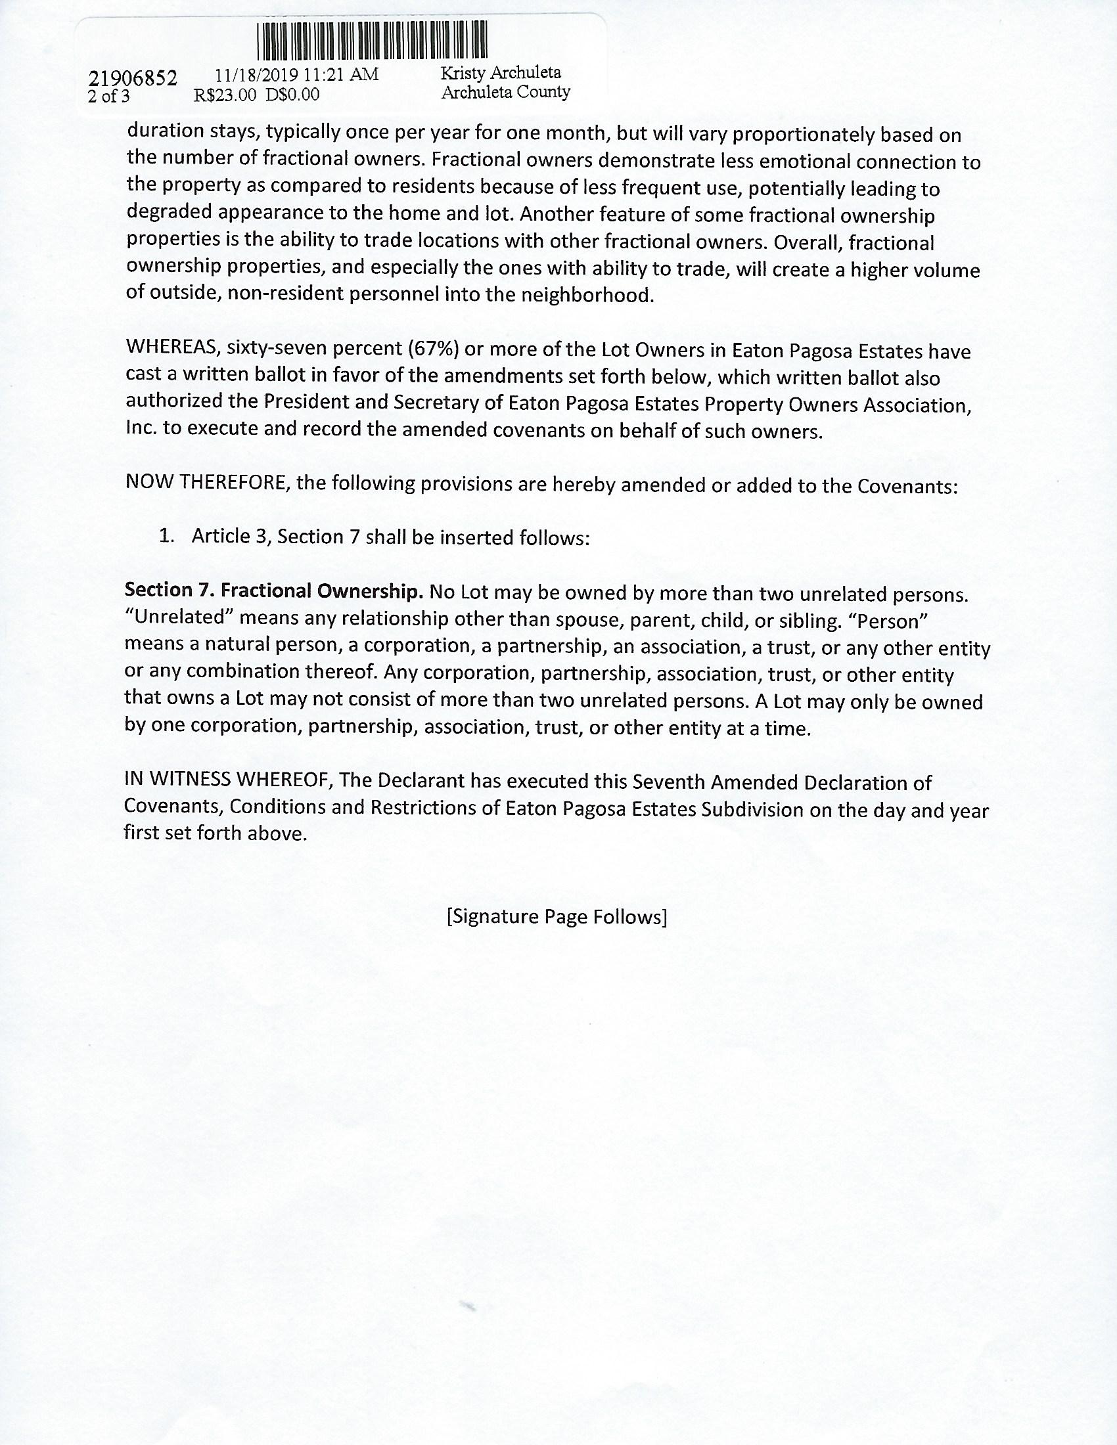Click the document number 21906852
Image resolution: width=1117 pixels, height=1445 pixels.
point(132,79)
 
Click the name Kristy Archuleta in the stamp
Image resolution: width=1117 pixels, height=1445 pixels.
point(501,73)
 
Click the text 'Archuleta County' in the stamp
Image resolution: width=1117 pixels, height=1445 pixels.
point(505,92)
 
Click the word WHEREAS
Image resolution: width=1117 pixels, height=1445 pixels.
point(172,348)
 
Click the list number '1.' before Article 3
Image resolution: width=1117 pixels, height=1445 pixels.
point(167,536)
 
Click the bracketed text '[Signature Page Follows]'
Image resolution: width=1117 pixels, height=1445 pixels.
point(557,917)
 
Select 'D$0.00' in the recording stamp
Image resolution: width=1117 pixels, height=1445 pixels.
point(292,95)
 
